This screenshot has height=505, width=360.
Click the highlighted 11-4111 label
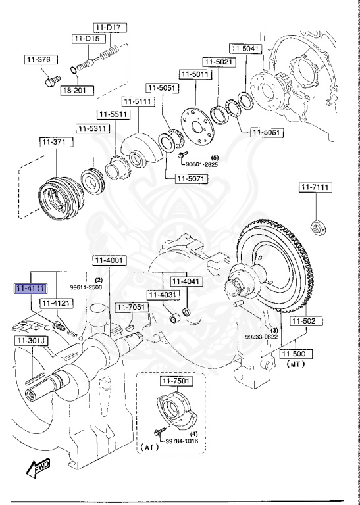point(30,289)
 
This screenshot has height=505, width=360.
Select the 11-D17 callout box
point(110,27)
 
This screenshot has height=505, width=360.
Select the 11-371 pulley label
point(54,141)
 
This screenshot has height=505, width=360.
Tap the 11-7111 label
point(315,188)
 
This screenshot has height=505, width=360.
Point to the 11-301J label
point(29,341)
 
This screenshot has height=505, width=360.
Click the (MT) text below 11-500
point(295,364)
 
